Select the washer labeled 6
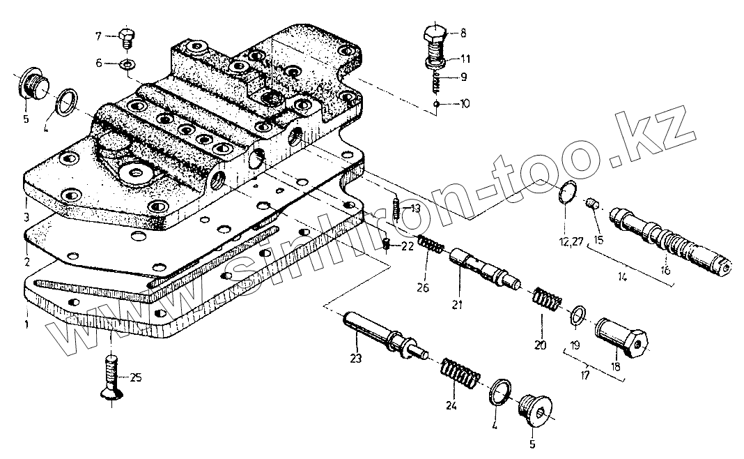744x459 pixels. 127,64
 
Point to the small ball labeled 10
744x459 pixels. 437,104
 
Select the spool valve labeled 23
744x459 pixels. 382,336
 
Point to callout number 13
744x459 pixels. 415,208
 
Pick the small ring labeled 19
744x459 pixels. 575,316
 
